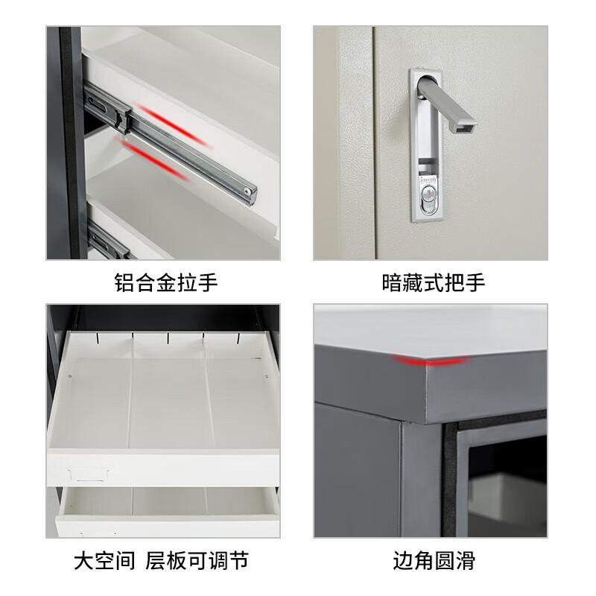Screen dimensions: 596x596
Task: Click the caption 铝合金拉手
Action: pos(166,283)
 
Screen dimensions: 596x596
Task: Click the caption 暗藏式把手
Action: pos(434,283)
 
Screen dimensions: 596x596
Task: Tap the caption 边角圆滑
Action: pos(434,560)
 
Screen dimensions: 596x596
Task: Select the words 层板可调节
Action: pos(197,560)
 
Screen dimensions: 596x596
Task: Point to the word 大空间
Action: pos(104,560)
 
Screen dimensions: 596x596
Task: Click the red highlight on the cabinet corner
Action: pos(432,361)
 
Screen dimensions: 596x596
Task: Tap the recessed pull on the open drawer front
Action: pos(89,475)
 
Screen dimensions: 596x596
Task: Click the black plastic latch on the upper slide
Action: pos(121,117)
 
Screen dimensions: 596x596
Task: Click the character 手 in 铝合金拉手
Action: pos(208,283)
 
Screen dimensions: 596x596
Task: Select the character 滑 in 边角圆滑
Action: pos(465,560)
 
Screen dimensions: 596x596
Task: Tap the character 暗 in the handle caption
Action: pos(392,283)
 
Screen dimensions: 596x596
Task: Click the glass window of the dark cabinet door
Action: pos(507,486)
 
